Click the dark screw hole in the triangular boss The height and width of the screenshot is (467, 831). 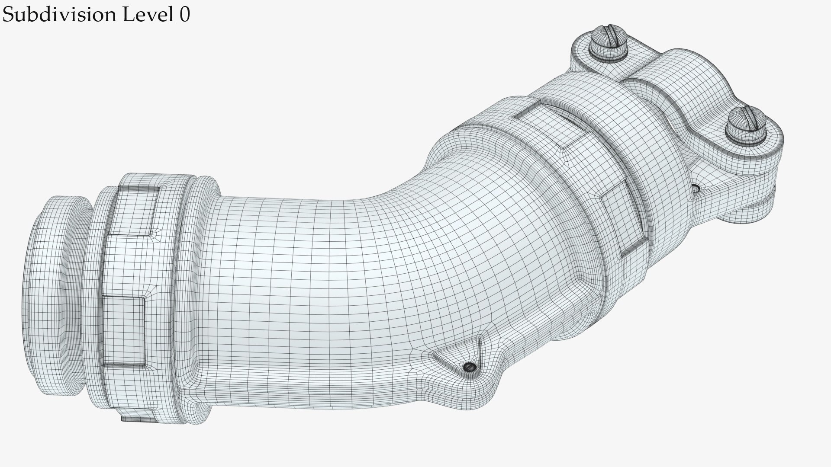(x=470, y=367)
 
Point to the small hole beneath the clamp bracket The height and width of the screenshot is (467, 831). (x=696, y=189)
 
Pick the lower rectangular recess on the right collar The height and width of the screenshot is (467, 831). (x=623, y=221)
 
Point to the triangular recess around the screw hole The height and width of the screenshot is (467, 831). (x=459, y=359)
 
